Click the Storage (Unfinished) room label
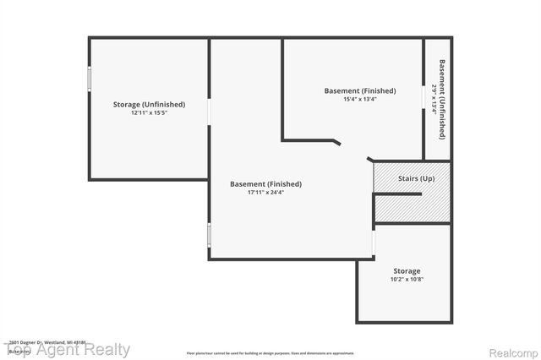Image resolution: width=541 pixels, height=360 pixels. coord(149,105)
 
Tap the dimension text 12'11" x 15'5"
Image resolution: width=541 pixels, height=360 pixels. coord(149,112)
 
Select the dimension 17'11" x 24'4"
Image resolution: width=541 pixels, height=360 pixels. coord(265,192)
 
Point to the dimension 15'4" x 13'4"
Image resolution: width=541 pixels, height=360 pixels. coord(360,99)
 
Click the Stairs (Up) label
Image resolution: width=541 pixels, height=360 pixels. coord(417,178)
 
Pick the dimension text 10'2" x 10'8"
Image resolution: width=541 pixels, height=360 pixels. coord(406,279)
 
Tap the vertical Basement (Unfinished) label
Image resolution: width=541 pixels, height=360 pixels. coord(442,99)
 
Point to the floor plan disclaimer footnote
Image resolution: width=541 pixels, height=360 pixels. coord(270,352)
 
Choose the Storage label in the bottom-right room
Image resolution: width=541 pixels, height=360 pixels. coord(406,271)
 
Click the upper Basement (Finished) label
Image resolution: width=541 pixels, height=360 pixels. coord(360,90)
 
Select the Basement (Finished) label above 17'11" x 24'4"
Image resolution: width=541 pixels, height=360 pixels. coord(265,183)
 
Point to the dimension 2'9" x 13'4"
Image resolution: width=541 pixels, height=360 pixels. coord(434,99)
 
